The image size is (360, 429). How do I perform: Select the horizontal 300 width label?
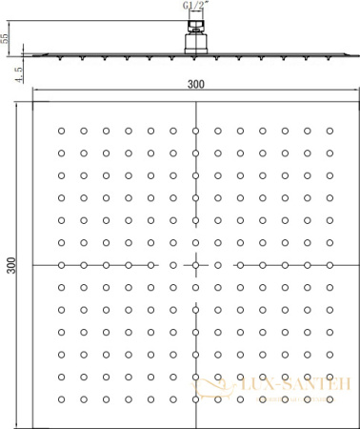[195, 84]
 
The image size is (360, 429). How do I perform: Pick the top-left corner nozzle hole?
[61, 130]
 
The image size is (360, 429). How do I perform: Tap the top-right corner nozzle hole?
[330, 130]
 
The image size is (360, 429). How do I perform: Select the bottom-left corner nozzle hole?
[61, 398]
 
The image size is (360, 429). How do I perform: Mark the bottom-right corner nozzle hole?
[330, 398]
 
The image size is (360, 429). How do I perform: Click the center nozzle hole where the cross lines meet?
[195, 264]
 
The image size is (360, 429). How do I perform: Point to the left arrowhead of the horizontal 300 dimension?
[35, 92]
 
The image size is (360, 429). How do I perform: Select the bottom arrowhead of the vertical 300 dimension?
[22, 419]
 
